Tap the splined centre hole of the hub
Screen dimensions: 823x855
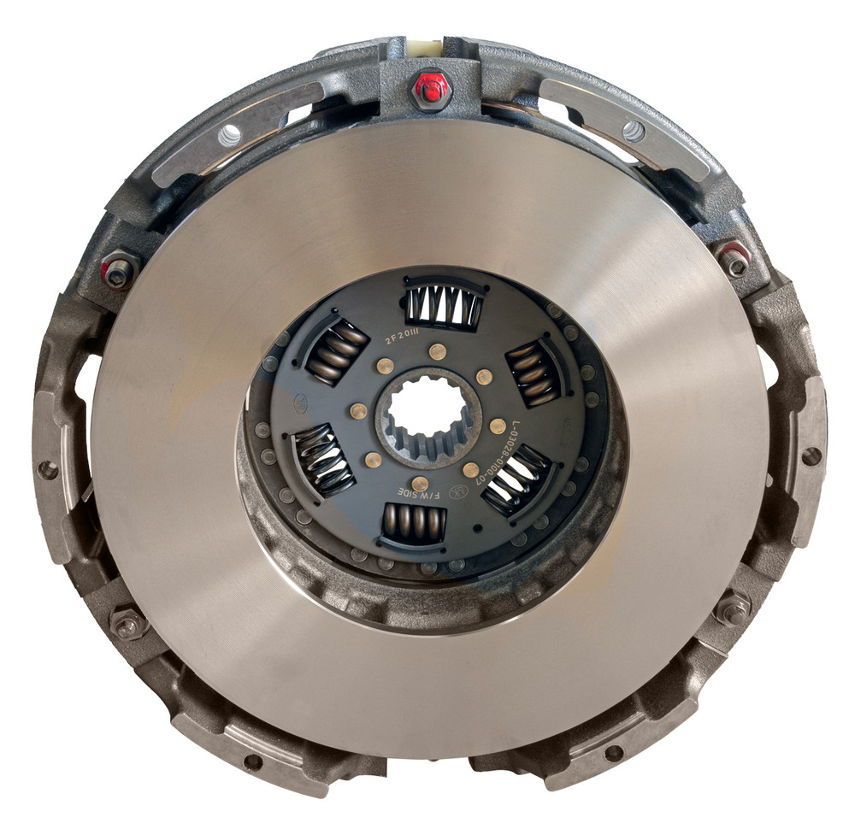pos(425,416)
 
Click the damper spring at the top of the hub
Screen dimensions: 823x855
pos(443,305)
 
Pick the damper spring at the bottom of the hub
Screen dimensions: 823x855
pos(413,523)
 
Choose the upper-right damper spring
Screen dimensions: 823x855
pos(534,373)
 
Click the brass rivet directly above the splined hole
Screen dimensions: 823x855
pos(437,350)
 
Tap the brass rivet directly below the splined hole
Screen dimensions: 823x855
pos(420,484)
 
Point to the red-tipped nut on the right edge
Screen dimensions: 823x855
pos(734,258)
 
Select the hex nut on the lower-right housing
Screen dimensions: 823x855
pos(732,608)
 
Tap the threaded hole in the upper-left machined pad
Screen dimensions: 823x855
pos(229,134)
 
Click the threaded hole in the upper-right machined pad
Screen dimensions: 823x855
pos(634,130)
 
